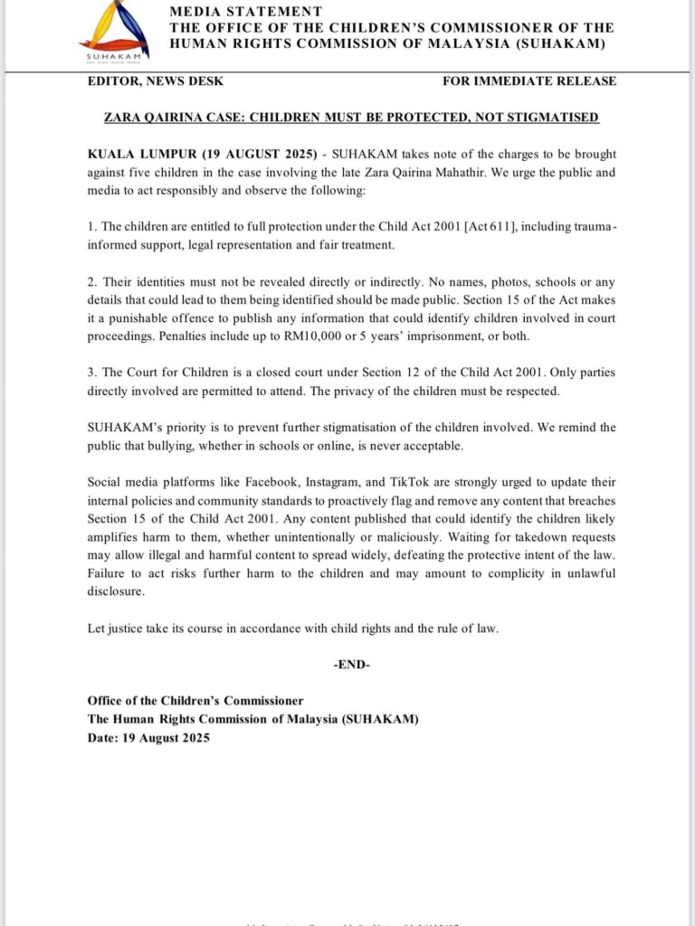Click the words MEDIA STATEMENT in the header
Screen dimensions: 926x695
click(x=245, y=12)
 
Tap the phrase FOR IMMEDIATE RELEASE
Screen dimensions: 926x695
click(x=529, y=81)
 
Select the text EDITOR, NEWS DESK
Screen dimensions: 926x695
click(x=155, y=81)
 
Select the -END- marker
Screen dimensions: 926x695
click(x=352, y=665)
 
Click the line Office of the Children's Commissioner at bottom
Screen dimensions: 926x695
click(x=195, y=701)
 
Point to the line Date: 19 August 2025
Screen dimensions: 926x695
click(x=148, y=738)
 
